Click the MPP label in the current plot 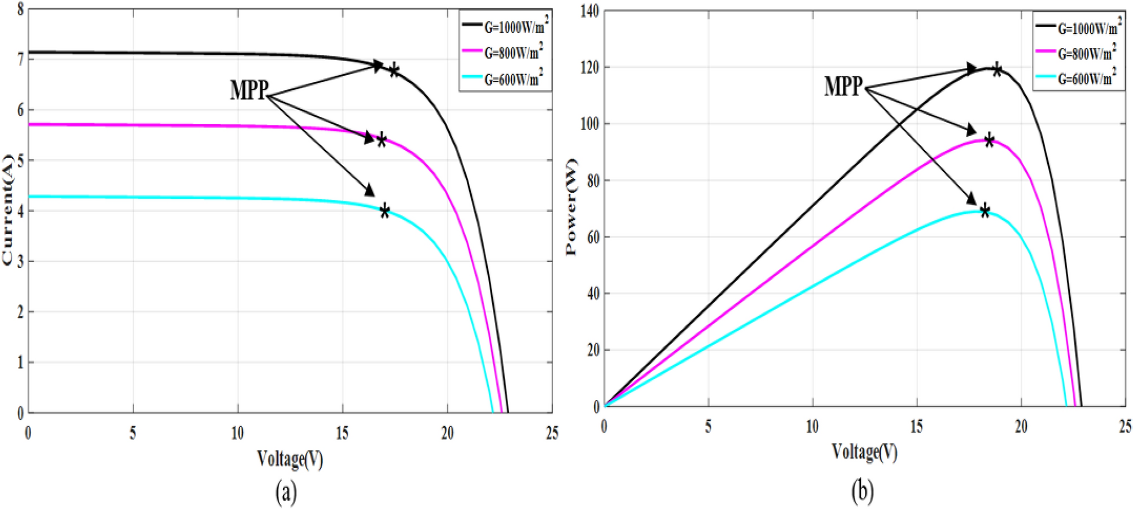click(248, 90)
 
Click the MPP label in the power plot click(843, 86)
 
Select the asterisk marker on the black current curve click(394, 71)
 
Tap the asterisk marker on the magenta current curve click(382, 140)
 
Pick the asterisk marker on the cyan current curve click(384, 211)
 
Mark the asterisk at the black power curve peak click(997, 70)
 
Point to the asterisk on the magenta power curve click(989, 140)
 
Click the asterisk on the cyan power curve click(985, 211)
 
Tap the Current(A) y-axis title click(7, 210)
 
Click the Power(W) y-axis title click(571, 207)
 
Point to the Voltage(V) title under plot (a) click(290, 459)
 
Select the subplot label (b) click(862, 491)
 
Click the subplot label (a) click(286, 491)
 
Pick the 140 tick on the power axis click(589, 11)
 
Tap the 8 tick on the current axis click(20, 10)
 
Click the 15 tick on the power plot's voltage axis click(916, 427)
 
